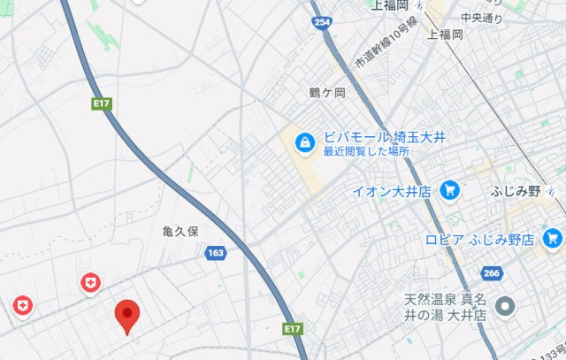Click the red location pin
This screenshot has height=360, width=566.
click(128, 314)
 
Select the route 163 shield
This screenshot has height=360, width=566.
click(215, 253)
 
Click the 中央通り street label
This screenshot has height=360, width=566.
click(482, 17)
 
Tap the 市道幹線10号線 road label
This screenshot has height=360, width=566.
click(381, 49)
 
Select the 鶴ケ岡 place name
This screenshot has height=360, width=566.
click(326, 93)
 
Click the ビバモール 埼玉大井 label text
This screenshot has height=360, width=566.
click(384, 137)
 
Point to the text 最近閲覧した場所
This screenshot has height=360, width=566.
click(366, 151)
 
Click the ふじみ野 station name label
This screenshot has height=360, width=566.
click(514, 190)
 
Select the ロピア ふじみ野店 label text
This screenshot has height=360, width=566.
click(479, 240)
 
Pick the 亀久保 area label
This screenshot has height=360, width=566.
click(181, 231)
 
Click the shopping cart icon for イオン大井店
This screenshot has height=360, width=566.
click(450, 189)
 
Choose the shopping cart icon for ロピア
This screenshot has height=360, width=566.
click(554, 238)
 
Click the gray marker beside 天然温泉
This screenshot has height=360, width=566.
click(506, 307)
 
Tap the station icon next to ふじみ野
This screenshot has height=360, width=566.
click(553, 190)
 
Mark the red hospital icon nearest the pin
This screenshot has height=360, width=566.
click(89, 283)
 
